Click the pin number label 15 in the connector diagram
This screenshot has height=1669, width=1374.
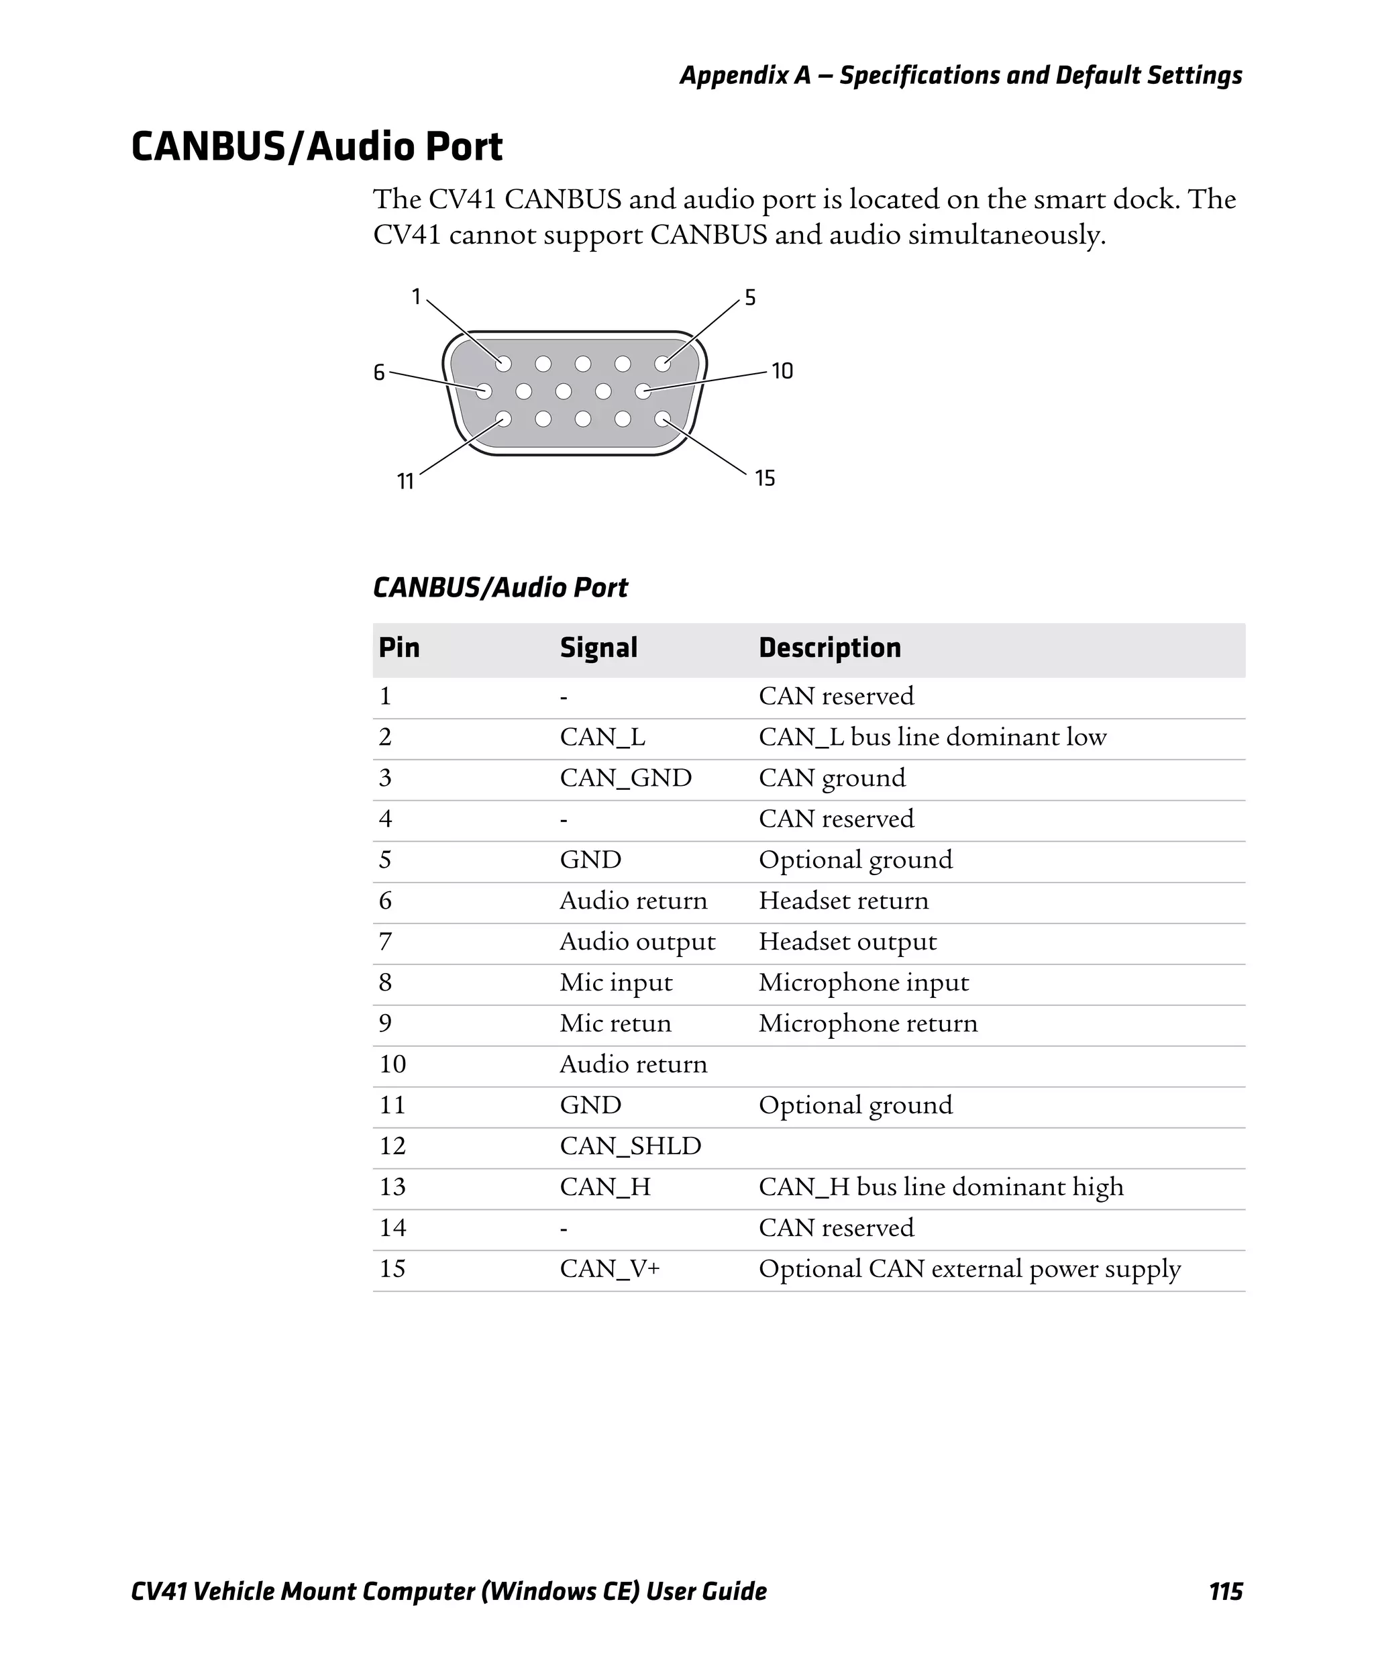tap(765, 478)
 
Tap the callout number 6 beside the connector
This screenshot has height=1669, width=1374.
tap(379, 372)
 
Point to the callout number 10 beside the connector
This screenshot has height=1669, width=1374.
tap(782, 370)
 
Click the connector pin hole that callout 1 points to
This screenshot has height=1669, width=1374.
tap(503, 364)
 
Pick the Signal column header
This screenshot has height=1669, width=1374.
tap(598, 648)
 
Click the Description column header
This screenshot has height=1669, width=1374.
tap(829, 648)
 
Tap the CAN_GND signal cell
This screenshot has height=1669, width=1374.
tap(625, 778)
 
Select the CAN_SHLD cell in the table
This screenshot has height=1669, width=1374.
tap(630, 1146)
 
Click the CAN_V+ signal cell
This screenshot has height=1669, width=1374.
tap(609, 1268)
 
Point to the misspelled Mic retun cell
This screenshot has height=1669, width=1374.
tap(615, 1023)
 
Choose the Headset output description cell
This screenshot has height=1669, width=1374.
tap(847, 942)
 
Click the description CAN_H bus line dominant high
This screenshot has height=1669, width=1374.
tap(941, 1187)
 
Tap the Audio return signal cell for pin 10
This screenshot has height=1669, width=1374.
tap(633, 1064)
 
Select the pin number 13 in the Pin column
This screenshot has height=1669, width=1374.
tap(392, 1187)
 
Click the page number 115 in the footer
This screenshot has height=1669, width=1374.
tap(1225, 1591)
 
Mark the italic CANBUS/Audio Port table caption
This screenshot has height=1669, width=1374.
tap(500, 587)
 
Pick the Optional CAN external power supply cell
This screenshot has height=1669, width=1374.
tap(969, 1268)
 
